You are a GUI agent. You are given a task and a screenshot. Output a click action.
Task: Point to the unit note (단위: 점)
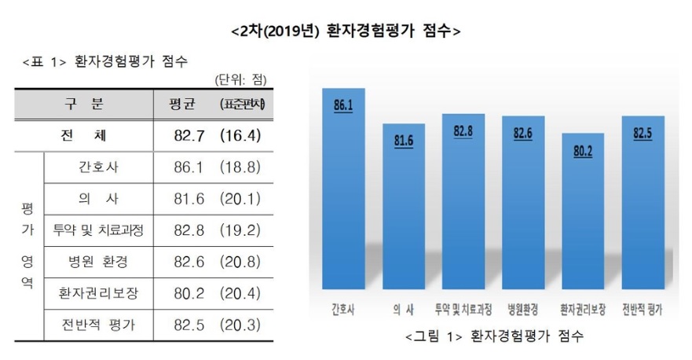tap(240, 79)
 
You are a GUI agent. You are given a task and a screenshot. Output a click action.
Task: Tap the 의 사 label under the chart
tap(403, 310)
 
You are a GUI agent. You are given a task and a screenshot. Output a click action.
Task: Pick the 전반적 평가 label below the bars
tap(642, 310)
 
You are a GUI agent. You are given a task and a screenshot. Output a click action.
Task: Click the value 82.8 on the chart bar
tap(463, 130)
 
